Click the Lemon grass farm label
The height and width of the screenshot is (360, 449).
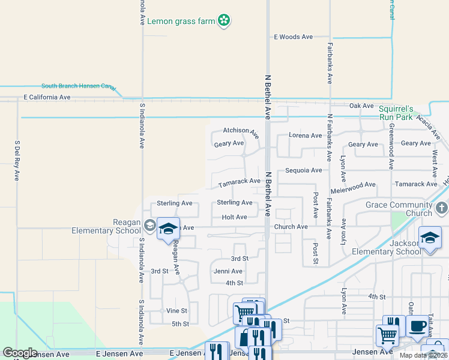point(181,21)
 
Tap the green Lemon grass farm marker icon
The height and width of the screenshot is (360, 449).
point(224,20)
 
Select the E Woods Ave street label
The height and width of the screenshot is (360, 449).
point(294,37)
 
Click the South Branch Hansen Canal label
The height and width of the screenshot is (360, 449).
point(78,86)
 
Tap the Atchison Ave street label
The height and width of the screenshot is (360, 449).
point(241,131)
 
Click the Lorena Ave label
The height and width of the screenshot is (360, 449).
point(305,136)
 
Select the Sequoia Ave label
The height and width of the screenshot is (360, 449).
point(304,170)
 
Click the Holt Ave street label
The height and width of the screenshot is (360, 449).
point(234,217)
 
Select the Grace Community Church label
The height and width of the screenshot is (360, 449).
point(399,209)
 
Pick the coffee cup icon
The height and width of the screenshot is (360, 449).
point(418,326)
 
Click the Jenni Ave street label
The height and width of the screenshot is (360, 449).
point(228,271)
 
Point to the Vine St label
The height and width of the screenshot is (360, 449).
point(176,311)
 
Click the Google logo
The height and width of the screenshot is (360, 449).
point(19,353)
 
